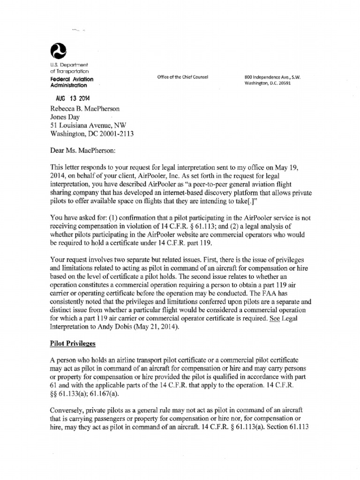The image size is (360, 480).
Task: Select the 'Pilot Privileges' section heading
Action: pos(73,344)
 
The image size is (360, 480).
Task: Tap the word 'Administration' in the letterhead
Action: pos(68,86)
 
